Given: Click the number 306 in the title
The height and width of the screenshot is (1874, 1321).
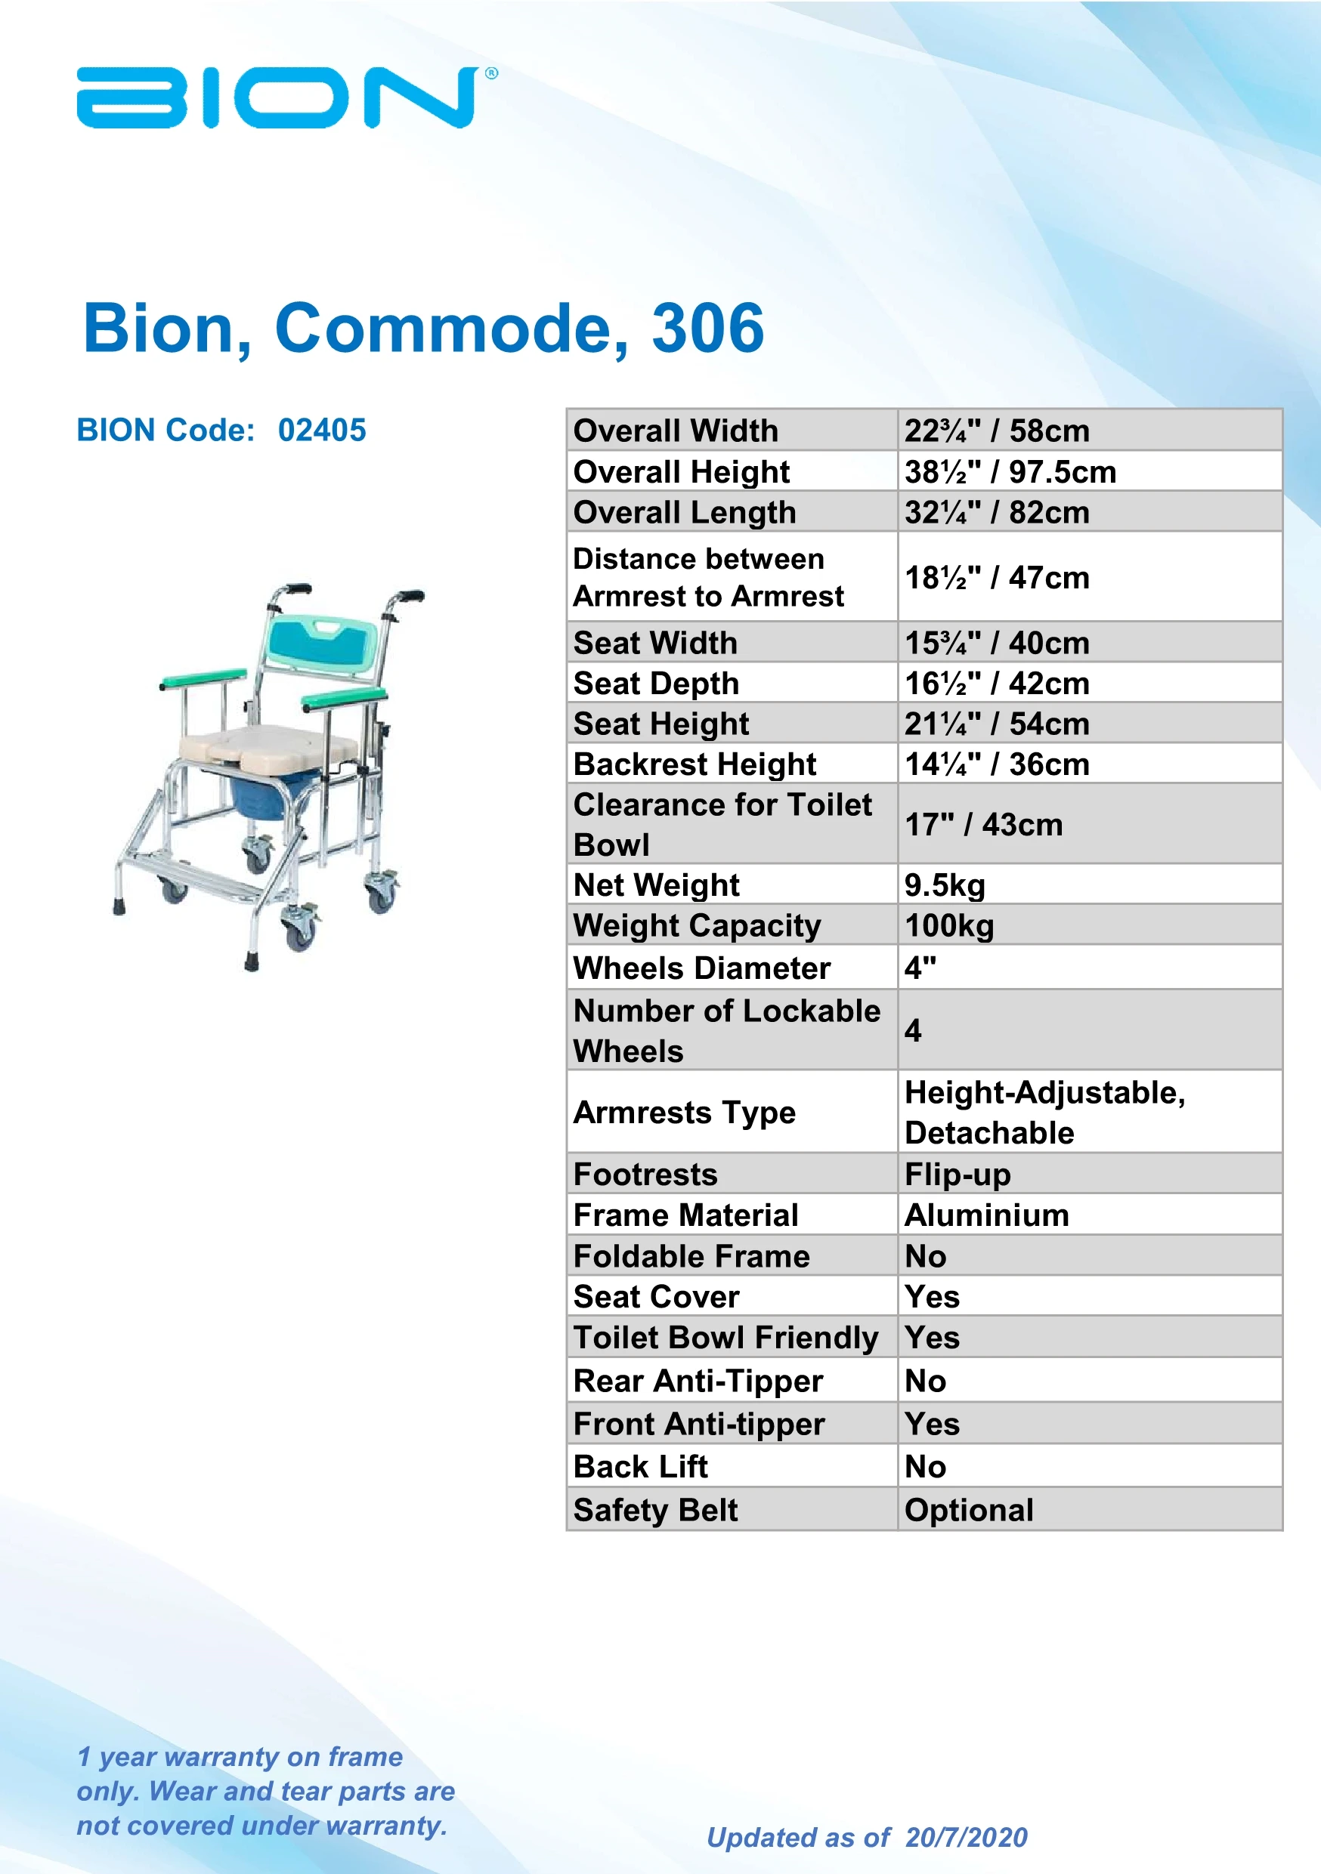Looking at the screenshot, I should click(707, 328).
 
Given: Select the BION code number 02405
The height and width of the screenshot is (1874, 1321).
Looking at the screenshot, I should click(322, 430).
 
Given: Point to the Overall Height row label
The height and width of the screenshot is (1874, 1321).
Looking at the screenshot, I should click(681, 472).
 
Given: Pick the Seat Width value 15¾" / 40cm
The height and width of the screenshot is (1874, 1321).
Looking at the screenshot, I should click(996, 643).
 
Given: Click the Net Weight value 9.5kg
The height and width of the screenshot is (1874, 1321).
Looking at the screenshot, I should click(944, 885).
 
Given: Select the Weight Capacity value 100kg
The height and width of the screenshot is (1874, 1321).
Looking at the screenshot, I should click(948, 925).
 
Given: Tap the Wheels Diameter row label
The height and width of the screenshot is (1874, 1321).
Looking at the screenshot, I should click(701, 968).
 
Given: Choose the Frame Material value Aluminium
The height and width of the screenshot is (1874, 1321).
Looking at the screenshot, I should click(986, 1215).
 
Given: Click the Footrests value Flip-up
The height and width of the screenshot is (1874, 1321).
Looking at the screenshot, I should click(957, 1175).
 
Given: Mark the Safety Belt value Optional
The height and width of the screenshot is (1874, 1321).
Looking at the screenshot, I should click(968, 1510).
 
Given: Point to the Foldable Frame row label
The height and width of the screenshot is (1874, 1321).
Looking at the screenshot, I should click(691, 1256).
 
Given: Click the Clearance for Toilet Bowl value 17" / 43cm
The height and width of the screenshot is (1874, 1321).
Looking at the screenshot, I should click(983, 824).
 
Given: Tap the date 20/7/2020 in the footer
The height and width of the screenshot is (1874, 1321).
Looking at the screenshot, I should click(966, 1837).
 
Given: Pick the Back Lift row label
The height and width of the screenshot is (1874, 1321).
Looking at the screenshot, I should click(640, 1467).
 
